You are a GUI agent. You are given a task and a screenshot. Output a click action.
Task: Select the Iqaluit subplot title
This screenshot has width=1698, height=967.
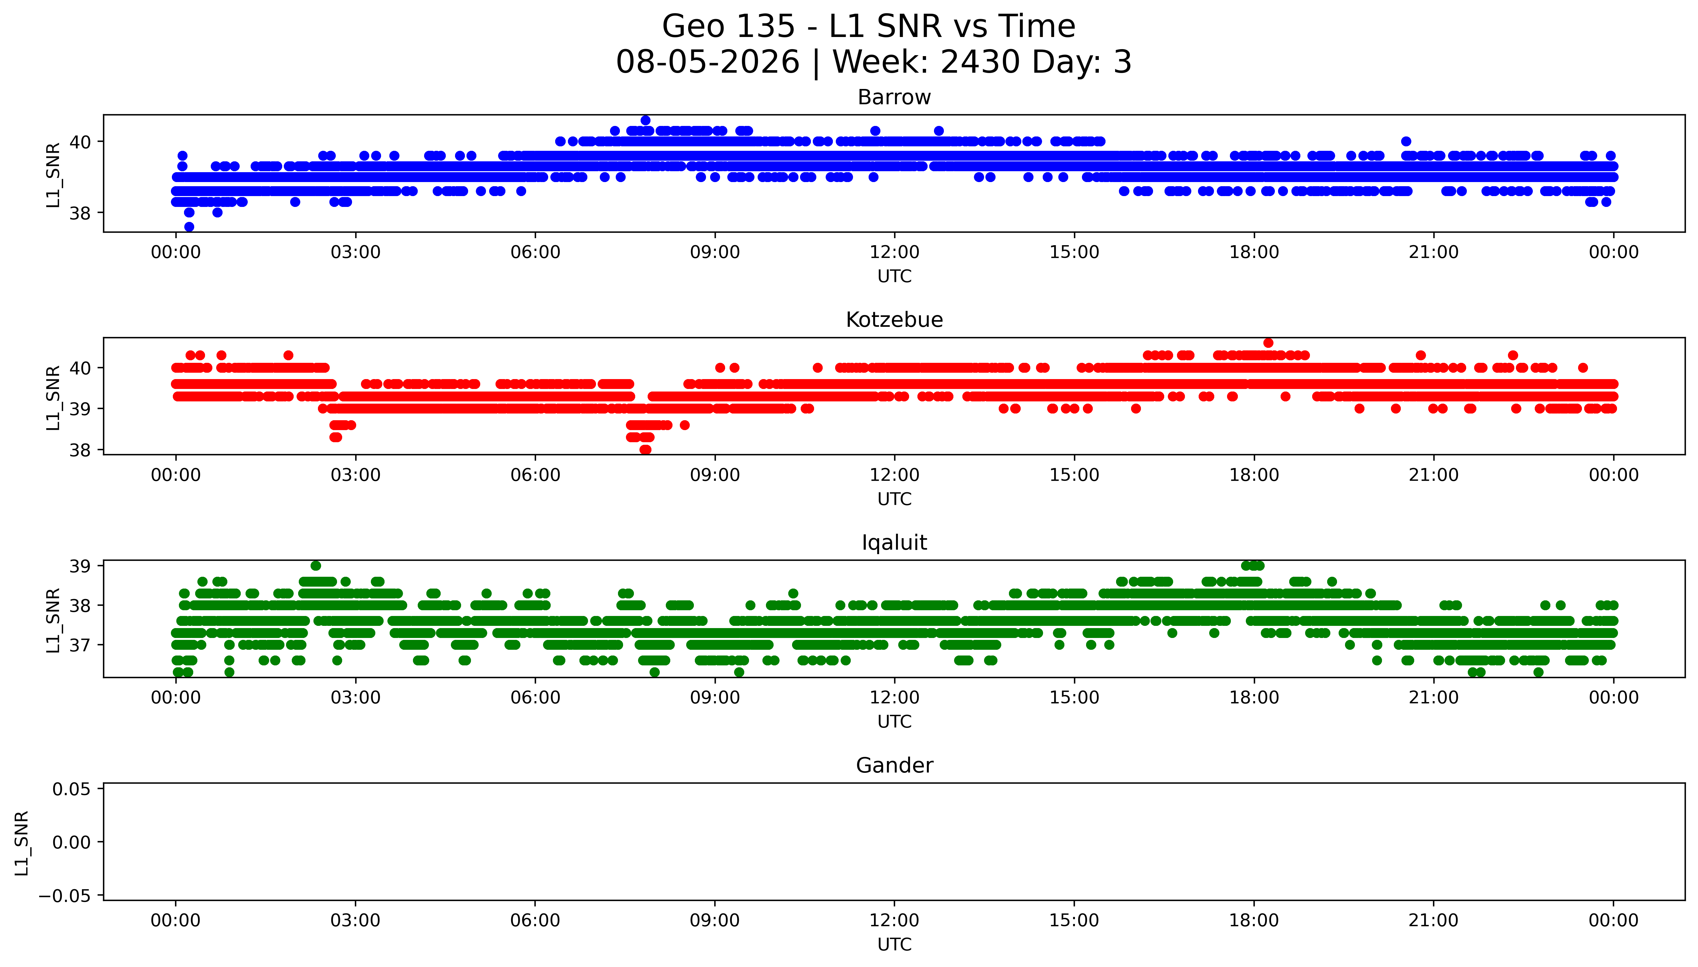point(894,543)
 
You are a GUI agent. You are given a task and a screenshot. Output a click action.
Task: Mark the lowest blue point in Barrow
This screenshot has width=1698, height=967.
point(189,226)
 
